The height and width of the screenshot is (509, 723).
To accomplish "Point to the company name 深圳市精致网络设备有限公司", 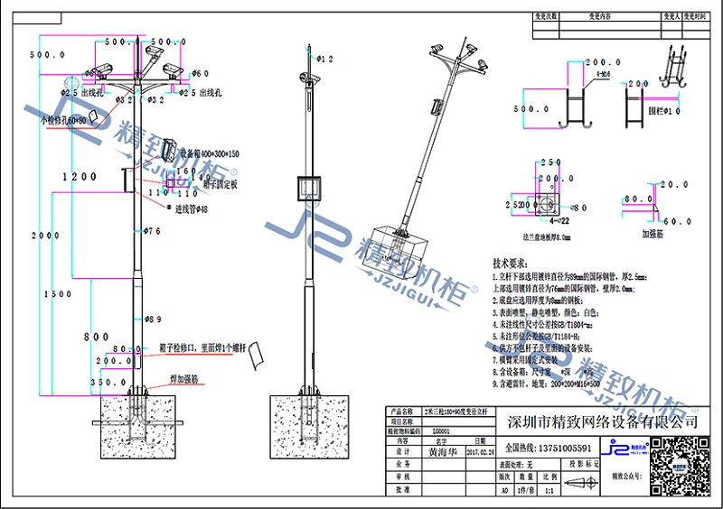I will [603, 421].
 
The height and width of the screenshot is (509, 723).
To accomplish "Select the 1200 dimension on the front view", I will [77, 178].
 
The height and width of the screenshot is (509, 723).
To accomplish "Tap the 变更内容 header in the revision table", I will [600, 16].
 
